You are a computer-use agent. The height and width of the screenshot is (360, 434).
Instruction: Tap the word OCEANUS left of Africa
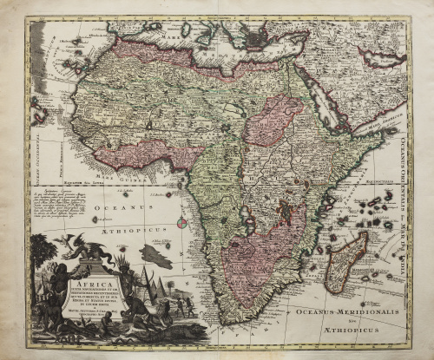(x=130, y=208)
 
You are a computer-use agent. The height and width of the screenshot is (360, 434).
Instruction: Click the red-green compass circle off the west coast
(x=181, y=223)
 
